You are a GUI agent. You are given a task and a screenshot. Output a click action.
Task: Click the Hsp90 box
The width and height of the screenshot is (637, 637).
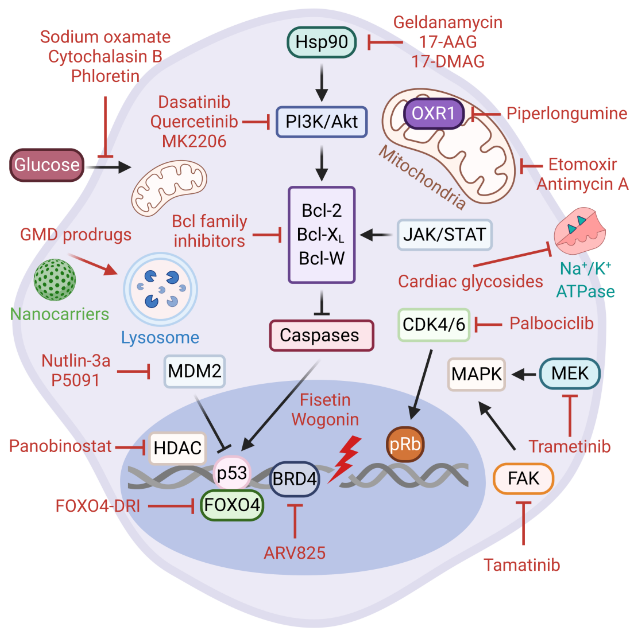[321, 42]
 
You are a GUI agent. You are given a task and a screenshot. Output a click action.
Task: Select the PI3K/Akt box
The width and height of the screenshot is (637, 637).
[321, 122]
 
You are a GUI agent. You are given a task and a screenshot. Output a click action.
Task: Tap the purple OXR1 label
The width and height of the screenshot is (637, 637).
[433, 113]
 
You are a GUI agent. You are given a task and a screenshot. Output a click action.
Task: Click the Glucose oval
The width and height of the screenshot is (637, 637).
[47, 165]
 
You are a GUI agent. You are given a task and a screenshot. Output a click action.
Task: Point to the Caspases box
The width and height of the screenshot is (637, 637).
[321, 335]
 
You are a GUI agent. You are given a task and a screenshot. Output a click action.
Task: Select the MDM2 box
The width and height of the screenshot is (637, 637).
[194, 371]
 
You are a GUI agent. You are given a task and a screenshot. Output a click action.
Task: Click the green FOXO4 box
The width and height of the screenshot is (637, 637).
[232, 505]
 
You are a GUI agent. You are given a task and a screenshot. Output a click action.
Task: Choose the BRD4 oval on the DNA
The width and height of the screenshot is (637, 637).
[294, 479]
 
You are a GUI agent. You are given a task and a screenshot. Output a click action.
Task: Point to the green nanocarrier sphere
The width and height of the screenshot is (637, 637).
[55, 279]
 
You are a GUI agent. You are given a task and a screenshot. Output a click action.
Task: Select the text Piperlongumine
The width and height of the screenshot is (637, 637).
[566, 113]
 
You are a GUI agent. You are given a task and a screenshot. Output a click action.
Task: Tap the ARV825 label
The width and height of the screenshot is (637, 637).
[294, 553]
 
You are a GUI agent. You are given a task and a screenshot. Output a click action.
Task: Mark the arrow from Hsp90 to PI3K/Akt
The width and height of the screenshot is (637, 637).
[322, 82]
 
